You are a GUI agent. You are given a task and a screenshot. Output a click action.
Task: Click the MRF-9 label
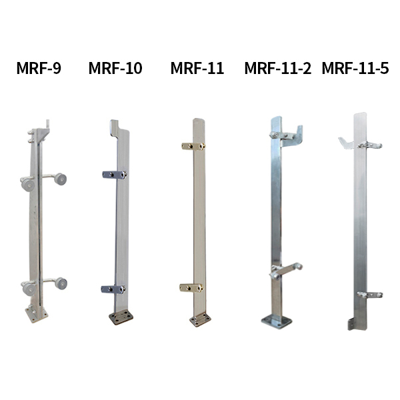tap(39, 69)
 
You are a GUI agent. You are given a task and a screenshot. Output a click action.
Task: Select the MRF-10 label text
tap(115, 69)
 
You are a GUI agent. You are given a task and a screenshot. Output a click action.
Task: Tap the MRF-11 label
tap(197, 69)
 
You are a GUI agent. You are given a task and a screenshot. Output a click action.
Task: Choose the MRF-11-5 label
tap(355, 69)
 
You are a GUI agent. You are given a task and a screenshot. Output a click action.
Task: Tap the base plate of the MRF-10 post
tap(121, 317)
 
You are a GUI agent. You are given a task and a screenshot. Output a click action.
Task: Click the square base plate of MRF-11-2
tap(276, 322)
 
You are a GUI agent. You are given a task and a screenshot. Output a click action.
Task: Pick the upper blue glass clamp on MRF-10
tap(114, 175)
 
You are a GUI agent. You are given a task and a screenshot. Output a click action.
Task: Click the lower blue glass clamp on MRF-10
tap(114, 289)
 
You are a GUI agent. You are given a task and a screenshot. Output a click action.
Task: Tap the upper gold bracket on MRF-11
tap(191, 145)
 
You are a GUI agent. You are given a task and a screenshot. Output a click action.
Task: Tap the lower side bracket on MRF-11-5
tap(369, 294)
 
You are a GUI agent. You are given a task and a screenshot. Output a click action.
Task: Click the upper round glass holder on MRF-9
tap(44, 181)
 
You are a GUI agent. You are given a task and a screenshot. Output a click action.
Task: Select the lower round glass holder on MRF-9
tap(44, 285)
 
